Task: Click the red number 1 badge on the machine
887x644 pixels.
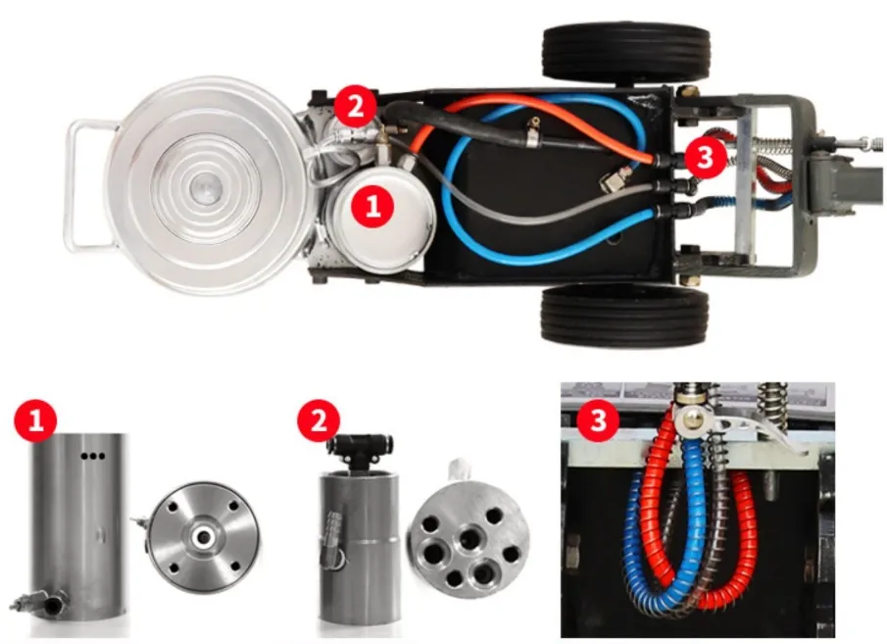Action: [x=372, y=206]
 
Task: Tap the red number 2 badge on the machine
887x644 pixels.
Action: [x=355, y=107]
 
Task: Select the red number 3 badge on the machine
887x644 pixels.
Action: [x=706, y=157]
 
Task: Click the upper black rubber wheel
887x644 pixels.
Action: [x=625, y=53]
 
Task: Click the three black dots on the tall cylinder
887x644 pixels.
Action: [x=93, y=456]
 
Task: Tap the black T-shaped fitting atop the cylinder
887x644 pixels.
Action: [x=361, y=451]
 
